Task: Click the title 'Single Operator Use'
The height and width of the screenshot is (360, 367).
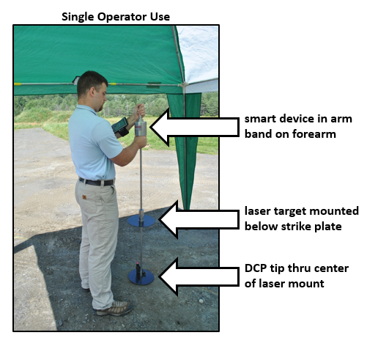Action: pyautogui.click(x=116, y=16)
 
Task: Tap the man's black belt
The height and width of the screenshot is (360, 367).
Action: pyautogui.click(x=97, y=181)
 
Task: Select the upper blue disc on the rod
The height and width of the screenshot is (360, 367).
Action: pyautogui.click(x=141, y=220)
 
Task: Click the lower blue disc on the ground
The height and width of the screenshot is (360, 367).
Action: pyautogui.click(x=141, y=276)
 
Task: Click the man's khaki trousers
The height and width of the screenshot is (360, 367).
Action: pyautogui.click(x=100, y=235)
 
